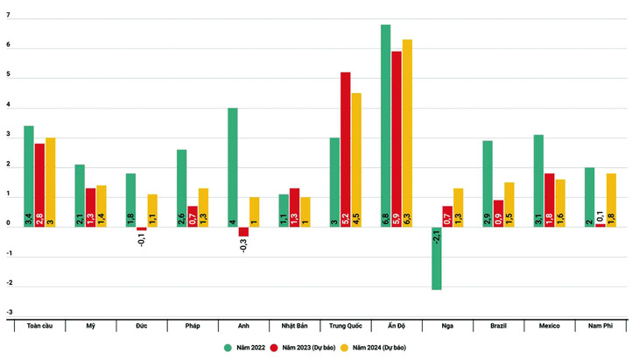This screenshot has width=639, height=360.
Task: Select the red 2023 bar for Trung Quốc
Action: click(346, 150)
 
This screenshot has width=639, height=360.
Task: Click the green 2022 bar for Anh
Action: click(233, 167)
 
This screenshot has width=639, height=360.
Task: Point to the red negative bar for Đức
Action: click(142, 229)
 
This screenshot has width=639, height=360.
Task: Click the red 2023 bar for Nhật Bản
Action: click(294, 208)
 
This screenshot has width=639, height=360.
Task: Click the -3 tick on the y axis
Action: click(9, 313)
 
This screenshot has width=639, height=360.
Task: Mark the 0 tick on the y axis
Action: click(9, 224)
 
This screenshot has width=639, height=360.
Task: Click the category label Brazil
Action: click(498, 326)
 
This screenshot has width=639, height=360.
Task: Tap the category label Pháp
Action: click(193, 326)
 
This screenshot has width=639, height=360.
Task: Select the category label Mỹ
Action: click(91, 326)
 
